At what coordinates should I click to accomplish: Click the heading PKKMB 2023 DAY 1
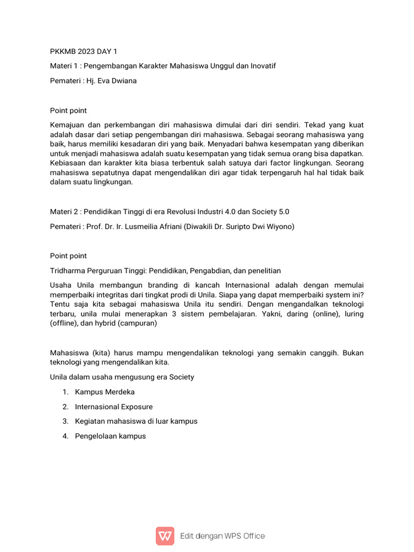tap(83, 52)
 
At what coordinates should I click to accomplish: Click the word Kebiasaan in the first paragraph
tap(68, 163)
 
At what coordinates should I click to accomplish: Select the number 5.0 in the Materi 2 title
tap(287, 212)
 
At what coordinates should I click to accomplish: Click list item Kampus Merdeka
tap(105, 392)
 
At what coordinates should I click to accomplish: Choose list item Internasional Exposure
tap(114, 406)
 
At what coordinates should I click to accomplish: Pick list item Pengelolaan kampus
tap(111, 436)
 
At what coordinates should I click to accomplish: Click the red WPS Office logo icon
tap(165, 536)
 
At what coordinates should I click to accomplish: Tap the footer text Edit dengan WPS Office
tap(222, 536)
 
